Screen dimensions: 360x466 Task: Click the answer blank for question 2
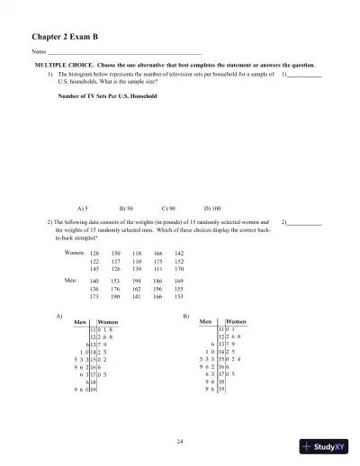(x=307, y=220)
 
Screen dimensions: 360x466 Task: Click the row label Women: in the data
(x=76, y=254)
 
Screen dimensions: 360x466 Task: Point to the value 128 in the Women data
(x=95, y=254)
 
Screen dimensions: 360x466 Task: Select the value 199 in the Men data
(x=137, y=282)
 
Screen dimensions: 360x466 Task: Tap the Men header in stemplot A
(x=83, y=321)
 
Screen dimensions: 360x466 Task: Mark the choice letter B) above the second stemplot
(x=185, y=315)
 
